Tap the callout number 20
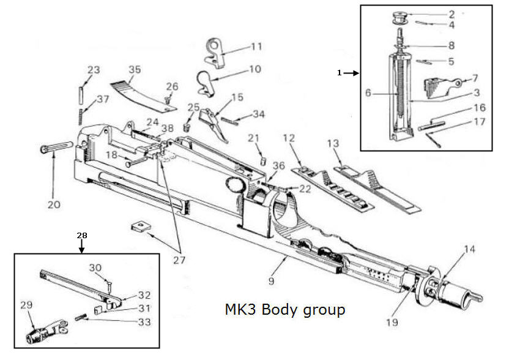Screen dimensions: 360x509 click(x=54, y=204)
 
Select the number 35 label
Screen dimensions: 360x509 click(x=133, y=69)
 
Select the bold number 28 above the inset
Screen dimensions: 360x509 click(x=83, y=234)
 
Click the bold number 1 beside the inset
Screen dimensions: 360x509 click(x=339, y=73)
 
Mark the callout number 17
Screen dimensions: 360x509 click(x=480, y=122)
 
